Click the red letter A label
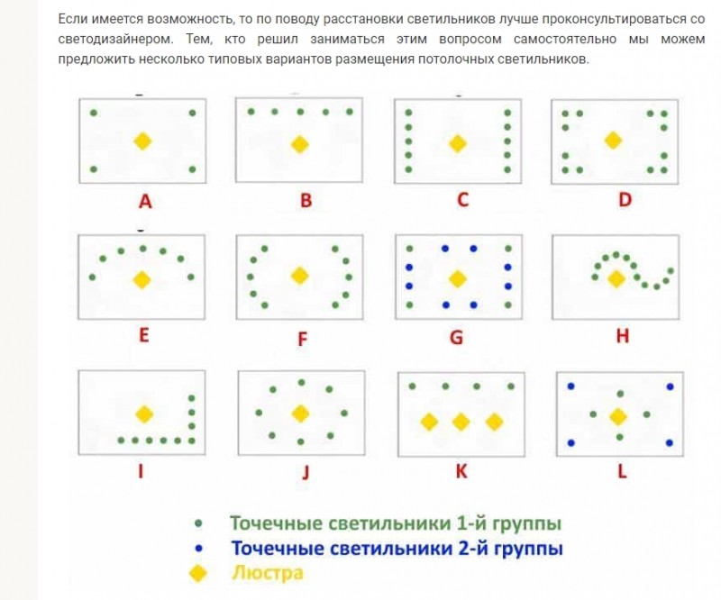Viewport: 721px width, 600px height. click(145, 202)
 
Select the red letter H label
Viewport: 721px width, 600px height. click(622, 336)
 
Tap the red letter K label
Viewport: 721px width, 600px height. click(461, 471)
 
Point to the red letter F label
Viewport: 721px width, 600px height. click(302, 340)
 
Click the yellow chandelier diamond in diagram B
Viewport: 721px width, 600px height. click(300, 144)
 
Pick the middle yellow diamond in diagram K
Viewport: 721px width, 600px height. click(461, 422)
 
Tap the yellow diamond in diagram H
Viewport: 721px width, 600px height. click(616, 278)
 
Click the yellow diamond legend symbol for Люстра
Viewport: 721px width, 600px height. click(198, 573)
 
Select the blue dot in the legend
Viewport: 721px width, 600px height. click(198, 548)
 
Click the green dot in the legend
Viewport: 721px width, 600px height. click(198, 523)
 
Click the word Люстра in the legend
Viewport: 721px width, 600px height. click(268, 573)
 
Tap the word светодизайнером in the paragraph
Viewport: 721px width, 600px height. click(116, 39)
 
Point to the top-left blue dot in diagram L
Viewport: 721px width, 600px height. click(571, 386)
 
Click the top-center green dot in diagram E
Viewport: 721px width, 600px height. click(143, 249)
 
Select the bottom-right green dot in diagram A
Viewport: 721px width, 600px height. click(192, 169)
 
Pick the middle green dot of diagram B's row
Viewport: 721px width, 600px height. click(300, 112)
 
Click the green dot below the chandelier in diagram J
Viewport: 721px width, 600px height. click(301, 441)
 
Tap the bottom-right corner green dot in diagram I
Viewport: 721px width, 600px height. click(192, 441)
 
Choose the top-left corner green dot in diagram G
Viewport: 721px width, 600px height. click(409, 249)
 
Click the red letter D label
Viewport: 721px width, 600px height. click(625, 200)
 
